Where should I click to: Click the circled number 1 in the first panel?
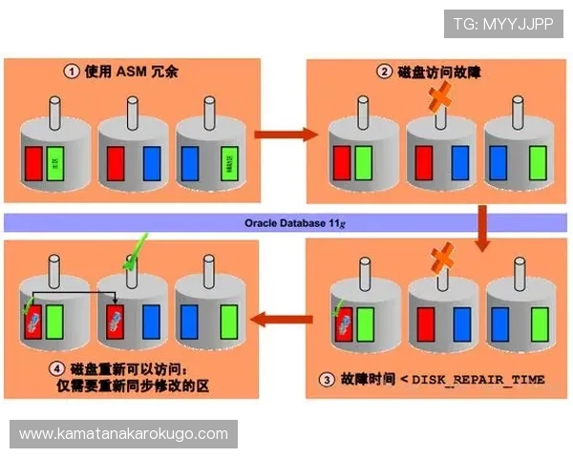73,71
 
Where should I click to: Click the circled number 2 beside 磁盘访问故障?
384,71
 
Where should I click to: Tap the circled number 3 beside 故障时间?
327,380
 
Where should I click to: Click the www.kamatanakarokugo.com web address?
124,434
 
